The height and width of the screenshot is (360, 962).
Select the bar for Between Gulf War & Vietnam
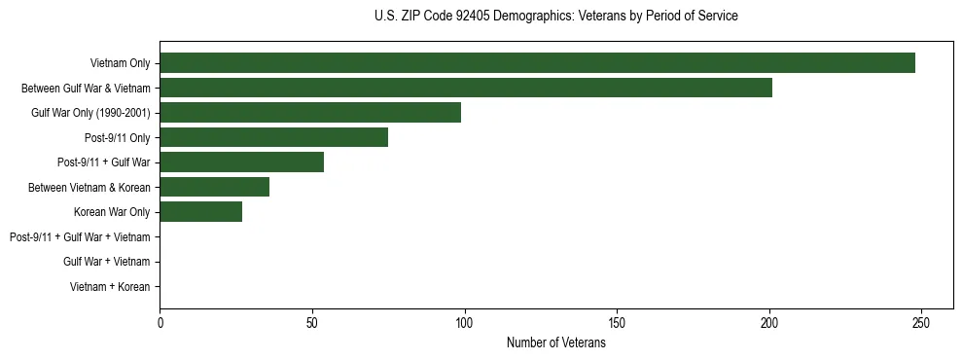[466, 88]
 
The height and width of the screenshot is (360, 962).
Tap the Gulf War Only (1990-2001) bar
[310, 113]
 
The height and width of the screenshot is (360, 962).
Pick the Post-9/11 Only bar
[273, 137]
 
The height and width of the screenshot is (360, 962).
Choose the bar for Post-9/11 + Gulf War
[241, 162]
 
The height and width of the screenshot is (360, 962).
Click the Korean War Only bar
[200, 212]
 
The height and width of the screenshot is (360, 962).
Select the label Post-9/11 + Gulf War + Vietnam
[80, 236]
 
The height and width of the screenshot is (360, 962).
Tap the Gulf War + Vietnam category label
[106, 262]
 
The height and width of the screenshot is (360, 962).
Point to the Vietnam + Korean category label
[110, 287]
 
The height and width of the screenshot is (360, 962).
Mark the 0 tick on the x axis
[160, 322]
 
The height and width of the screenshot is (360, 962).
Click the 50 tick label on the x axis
[312, 322]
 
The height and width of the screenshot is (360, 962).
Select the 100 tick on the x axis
[465, 322]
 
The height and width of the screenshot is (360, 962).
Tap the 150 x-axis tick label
[617, 322]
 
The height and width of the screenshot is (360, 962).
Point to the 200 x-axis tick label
[769, 322]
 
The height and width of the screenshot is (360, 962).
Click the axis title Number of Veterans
[556, 342]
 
